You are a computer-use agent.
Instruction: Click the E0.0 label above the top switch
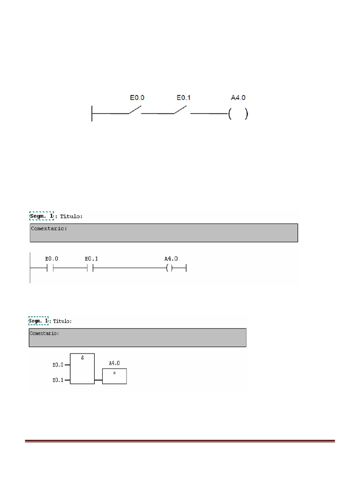coord(137,97)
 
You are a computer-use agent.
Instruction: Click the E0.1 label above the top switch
coord(183,97)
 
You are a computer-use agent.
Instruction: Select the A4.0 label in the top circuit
coord(238,97)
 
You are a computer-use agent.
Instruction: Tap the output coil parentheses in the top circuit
coord(238,114)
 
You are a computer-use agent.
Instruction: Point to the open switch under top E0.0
coord(135,110)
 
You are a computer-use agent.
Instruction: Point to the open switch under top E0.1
coord(180,110)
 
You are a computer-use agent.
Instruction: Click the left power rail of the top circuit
coord(92,113)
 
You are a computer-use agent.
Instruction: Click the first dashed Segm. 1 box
coord(41,216)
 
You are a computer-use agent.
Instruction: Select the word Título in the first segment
coord(71,217)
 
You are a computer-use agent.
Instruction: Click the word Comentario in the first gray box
coord(49,228)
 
